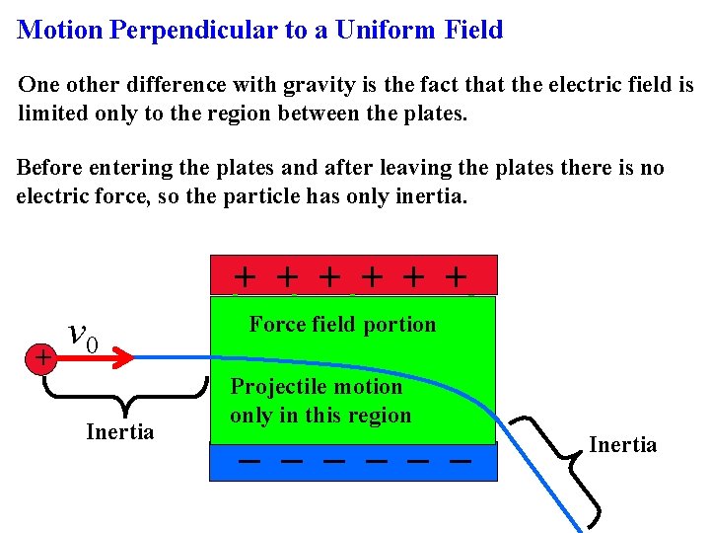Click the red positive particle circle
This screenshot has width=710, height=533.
tap(42, 358)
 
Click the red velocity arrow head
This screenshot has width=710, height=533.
tap(123, 358)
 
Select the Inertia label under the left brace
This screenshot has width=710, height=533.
tap(120, 432)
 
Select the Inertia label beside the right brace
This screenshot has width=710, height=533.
tap(622, 445)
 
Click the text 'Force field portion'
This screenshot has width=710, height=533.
tap(342, 325)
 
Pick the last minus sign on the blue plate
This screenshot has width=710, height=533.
tap(458, 461)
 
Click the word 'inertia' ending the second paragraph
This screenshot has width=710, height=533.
tap(431, 195)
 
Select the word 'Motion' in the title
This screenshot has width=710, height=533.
tap(60, 30)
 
